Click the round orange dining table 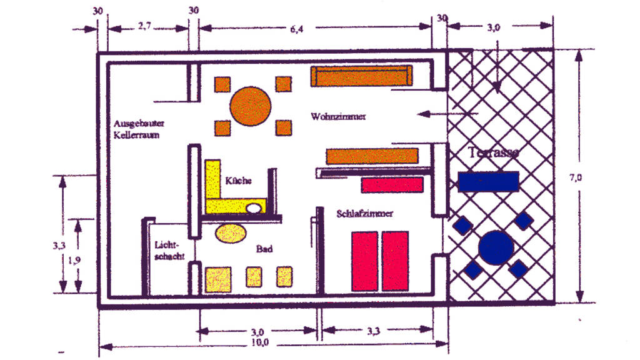click(250, 106)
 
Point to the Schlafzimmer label click(364, 214)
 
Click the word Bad click(264, 249)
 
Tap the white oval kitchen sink click(254, 208)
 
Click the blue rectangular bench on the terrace click(488, 181)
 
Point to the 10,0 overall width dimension click(257, 342)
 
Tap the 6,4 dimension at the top click(314, 29)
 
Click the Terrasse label click(494, 153)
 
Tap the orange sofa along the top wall click(361, 76)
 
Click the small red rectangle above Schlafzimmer click(392, 184)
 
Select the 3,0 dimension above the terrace click(494, 28)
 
